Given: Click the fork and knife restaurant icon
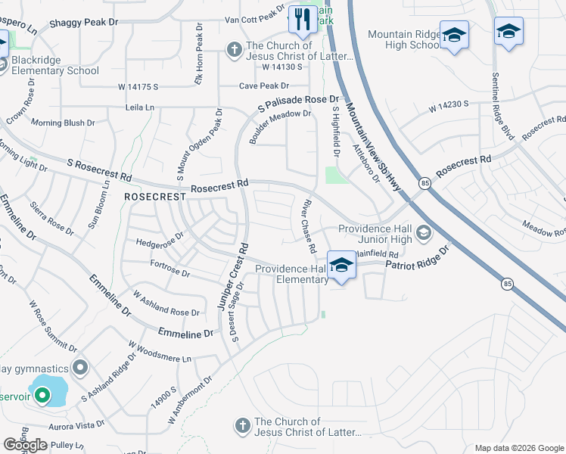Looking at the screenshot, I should click(x=303, y=20).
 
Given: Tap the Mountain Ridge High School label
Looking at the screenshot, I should click(x=403, y=39).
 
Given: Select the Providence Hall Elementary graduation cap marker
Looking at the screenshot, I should click(x=342, y=266).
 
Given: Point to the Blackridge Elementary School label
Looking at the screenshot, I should click(x=54, y=64).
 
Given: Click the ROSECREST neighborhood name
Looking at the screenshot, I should click(x=155, y=196).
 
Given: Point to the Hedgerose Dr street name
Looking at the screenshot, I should click(x=160, y=239).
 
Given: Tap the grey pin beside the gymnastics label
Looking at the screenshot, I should click(x=82, y=368).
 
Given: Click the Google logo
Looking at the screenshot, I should click(x=26, y=445).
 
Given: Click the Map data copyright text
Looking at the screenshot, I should click(x=519, y=448).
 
